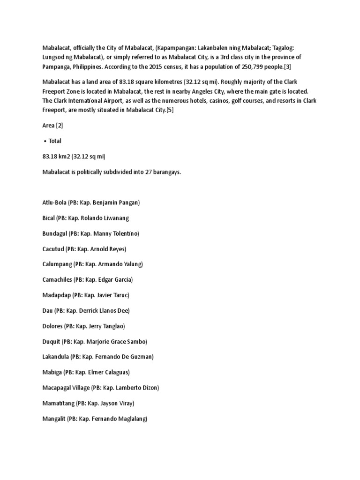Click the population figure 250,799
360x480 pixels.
pyautogui.click(x=243, y=67)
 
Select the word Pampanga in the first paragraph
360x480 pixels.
pyautogui.click(x=55, y=67)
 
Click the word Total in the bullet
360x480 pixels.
pyautogui.click(x=55, y=141)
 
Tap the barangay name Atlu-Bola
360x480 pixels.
pyautogui.click(x=53, y=202)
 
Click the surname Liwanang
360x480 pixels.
pyautogui.click(x=115, y=218)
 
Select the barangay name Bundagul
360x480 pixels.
pyautogui.click(x=54, y=233)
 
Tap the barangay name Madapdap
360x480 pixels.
pyautogui.click(x=56, y=295)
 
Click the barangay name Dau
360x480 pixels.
pyautogui.click(x=47, y=311)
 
